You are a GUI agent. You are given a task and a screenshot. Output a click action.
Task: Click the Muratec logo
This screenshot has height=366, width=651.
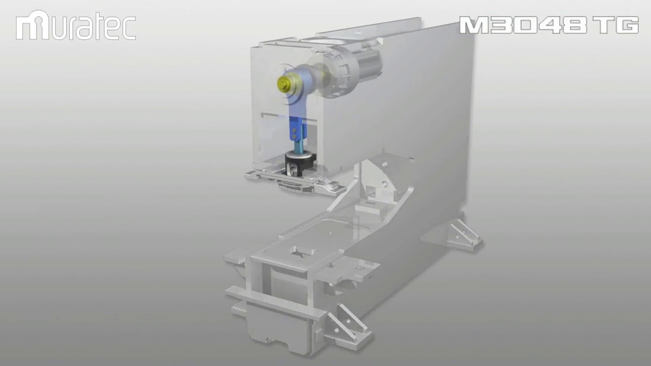pyautogui.click(x=76, y=26)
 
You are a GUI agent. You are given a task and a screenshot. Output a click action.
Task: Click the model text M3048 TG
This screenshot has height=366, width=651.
pyautogui.click(x=549, y=25)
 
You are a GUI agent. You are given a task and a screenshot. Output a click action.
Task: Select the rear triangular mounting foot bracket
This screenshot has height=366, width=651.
pyautogui.click(x=464, y=231)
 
